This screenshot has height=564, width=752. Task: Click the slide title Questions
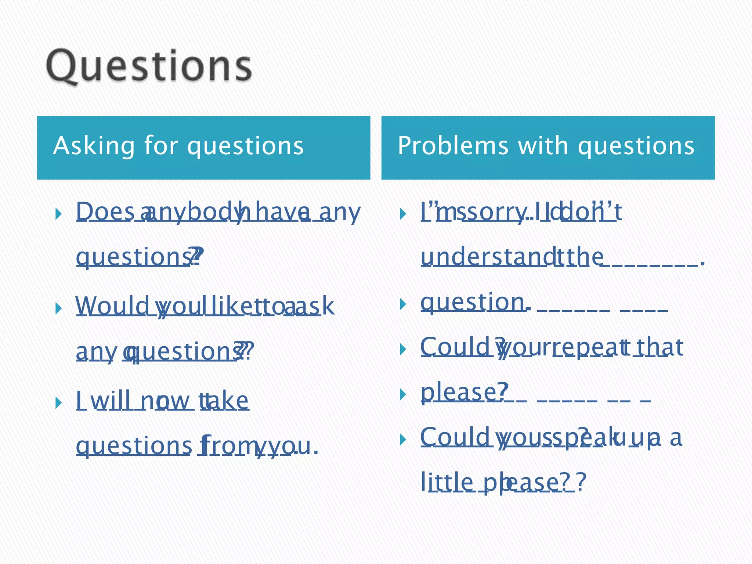pos(149,66)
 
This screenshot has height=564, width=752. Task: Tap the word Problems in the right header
pos(453,146)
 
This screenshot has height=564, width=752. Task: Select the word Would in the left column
pos(112,306)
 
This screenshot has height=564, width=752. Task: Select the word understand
pos(487,257)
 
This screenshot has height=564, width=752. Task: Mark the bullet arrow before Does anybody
pos(58,214)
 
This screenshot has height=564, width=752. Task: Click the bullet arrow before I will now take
pos(58,402)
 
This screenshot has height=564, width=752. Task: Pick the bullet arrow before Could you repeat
pos(403,349)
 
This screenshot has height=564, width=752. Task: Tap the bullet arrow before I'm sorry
pos(403,214)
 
